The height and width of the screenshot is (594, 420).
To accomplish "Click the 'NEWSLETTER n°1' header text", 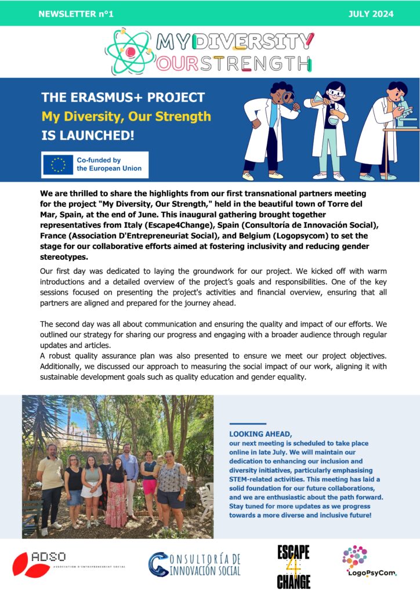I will (x=76, y=14).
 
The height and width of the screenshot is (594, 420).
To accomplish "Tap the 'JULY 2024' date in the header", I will (x=371, y=14).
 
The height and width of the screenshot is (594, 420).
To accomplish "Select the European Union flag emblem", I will (x=57, y=165).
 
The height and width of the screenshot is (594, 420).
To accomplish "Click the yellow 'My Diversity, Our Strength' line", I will (x=126, y=117).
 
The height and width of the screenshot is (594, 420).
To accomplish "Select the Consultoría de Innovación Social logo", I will (x=194, y=564).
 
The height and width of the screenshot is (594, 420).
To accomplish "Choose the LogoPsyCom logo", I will (x=369, y=561).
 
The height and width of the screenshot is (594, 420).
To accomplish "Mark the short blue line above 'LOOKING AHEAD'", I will (x=248, y=424).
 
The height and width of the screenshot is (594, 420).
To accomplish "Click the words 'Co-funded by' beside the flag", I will (x=99, y=160).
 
